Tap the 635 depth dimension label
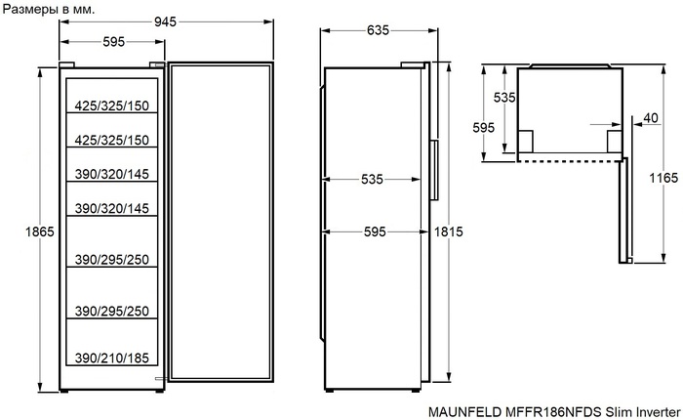pyautogui.click(x=378, y=30)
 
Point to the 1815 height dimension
pyautogui.click(x=450, y=231)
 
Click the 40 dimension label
pyautogui.click(x=651, y=118)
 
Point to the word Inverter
pyautogui.click(x=655, y=411)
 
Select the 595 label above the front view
pyautogui.click(x=113, y=41)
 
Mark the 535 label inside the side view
pyautogui.click(x=370, y=180)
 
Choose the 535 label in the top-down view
pyautogui.click(x=503, y=98)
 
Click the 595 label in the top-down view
pyautogui.click(x=483, y=128)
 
